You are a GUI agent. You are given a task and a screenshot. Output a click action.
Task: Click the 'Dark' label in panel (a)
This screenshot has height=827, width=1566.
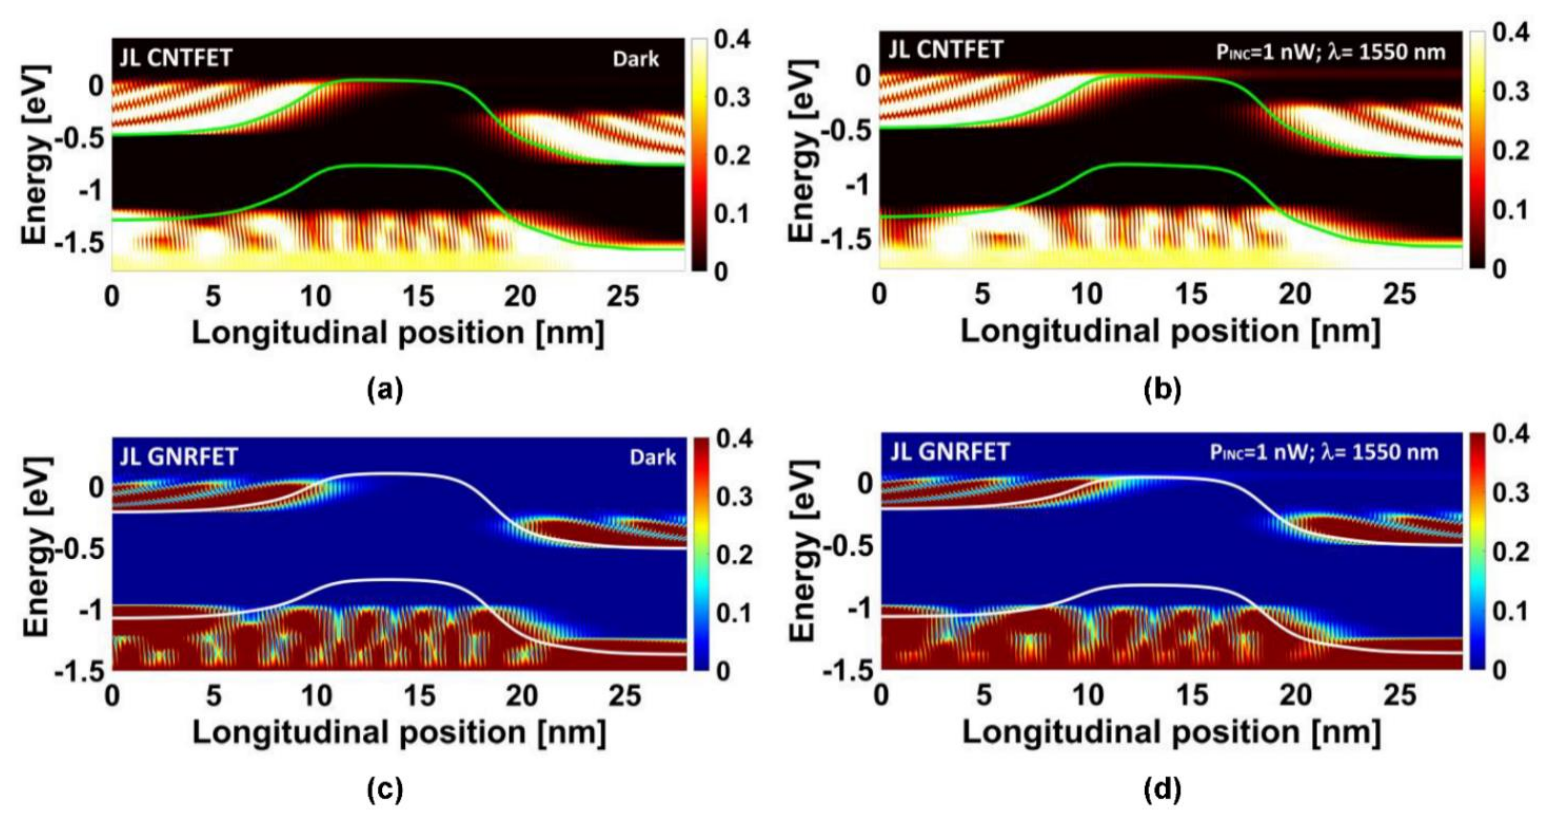point(635,59)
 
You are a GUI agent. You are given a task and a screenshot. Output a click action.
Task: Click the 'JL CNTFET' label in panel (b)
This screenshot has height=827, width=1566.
point(946,49)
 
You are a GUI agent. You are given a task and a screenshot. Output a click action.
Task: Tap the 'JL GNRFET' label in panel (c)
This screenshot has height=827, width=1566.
point(179,456)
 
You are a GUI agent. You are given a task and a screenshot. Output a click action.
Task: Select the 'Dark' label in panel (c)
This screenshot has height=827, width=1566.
point(652,457)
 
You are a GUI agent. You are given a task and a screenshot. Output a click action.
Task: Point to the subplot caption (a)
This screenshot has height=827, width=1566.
point(385,390)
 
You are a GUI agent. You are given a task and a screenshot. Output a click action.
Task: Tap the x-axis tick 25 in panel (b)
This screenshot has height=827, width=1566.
point(1399,295)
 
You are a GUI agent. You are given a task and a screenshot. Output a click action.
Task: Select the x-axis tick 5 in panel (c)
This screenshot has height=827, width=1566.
point(213,696)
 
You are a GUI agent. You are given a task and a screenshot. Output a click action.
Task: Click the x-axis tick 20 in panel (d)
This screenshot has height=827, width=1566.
point(1295,695)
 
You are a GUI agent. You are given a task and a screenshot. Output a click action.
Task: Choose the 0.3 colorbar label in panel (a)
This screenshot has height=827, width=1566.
point(732,97)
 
